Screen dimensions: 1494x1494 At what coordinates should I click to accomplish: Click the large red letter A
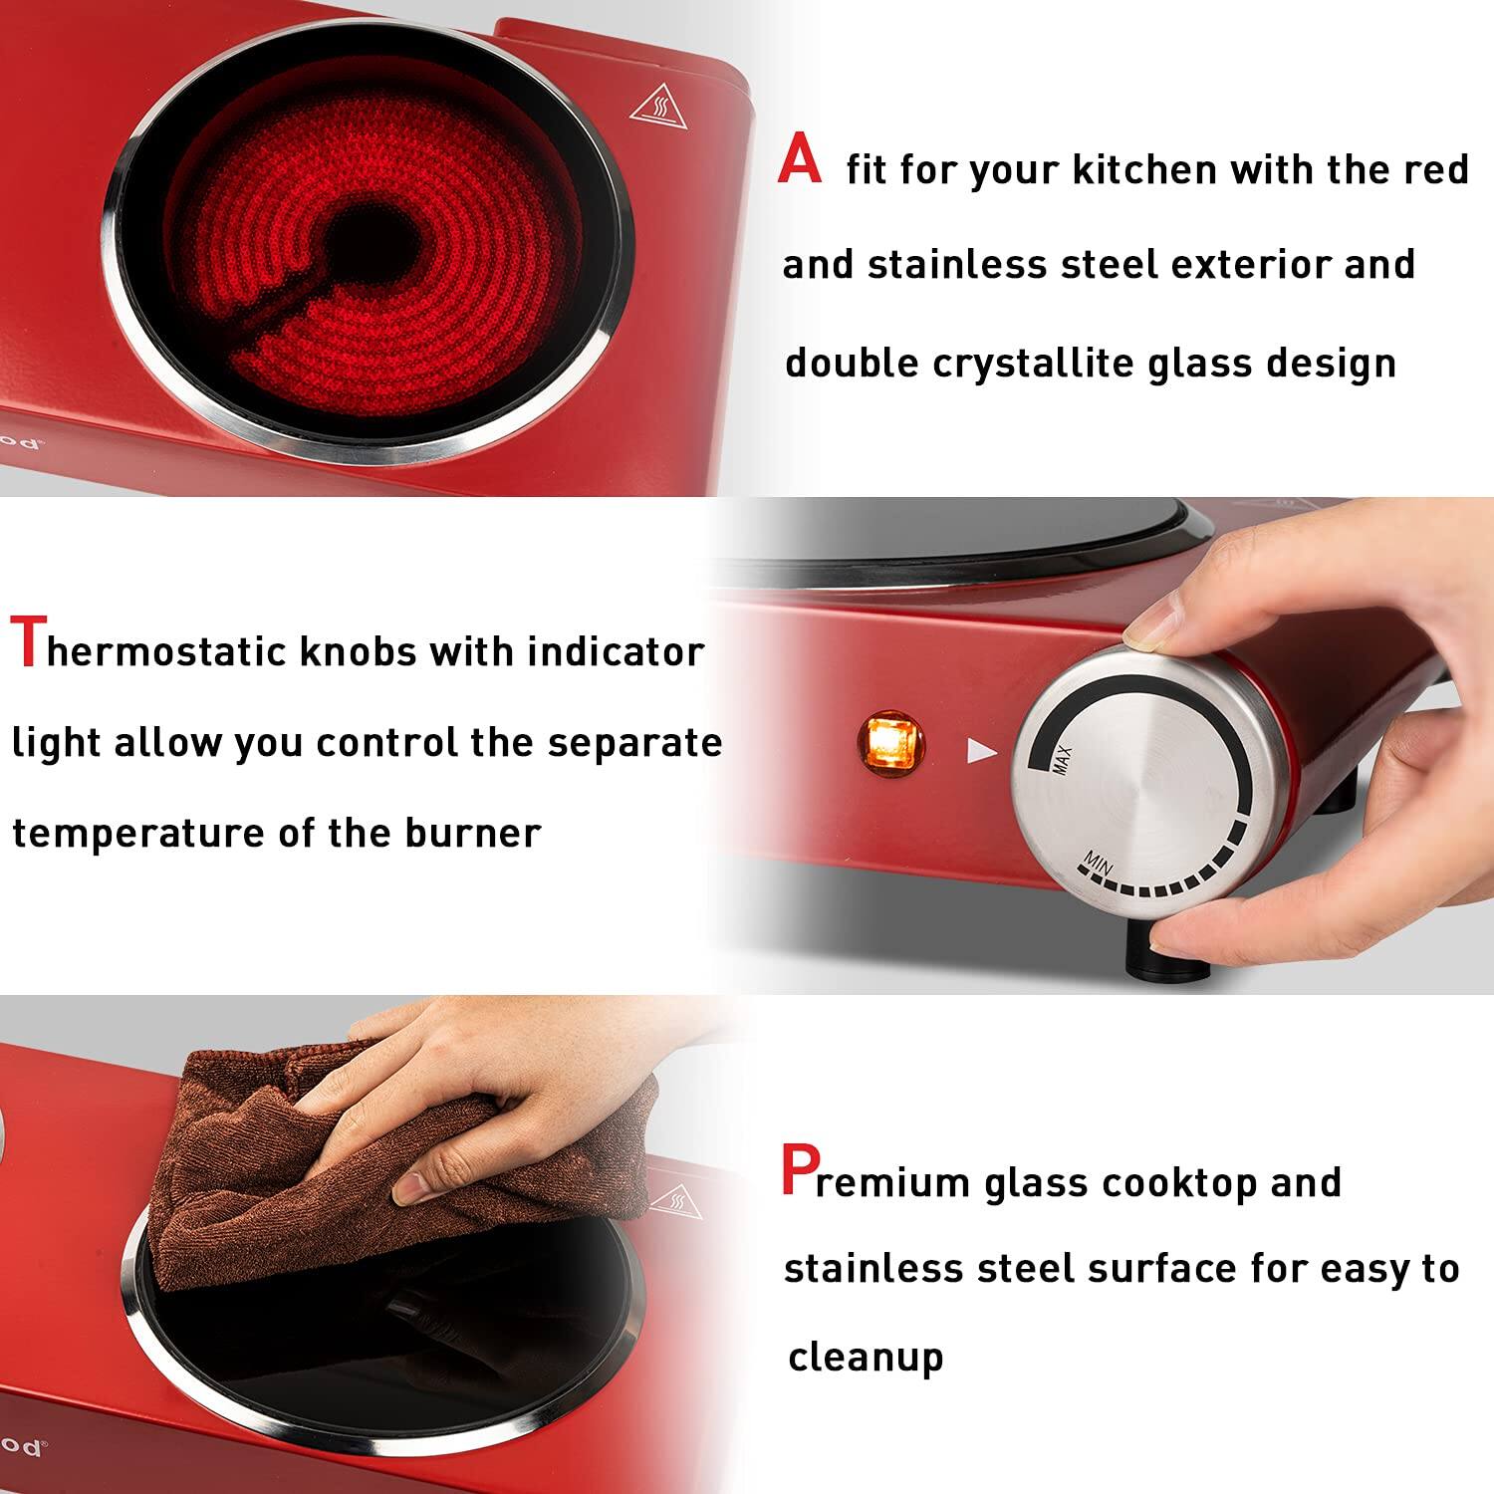click(x=801, y=162)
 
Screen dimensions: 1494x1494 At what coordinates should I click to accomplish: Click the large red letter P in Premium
click(x=800, y=1171)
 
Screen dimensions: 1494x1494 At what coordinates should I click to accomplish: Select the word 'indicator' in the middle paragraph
click(x=616, y=652)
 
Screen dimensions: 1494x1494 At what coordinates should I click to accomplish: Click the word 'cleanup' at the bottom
click(x=865, y=1358)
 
